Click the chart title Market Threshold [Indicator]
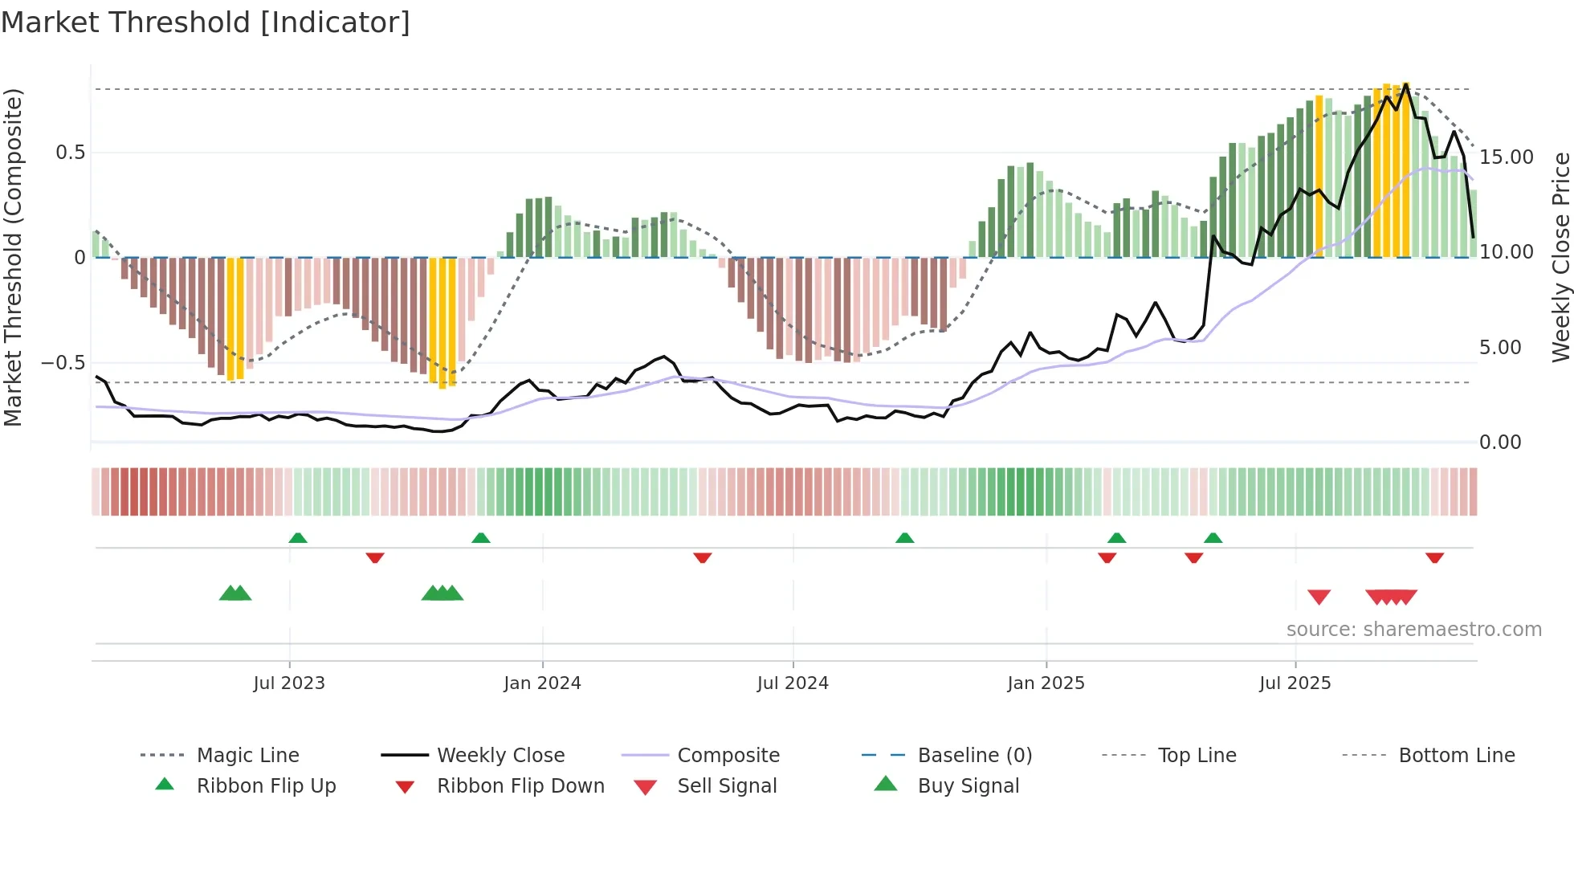(206, 22)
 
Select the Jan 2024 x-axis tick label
(542, 683)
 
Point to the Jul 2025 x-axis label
(1295, 683)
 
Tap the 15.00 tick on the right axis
(1507, 157)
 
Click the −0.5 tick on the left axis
(63, 363)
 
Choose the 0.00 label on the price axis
(1500, 442)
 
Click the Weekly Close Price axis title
(1560, 257)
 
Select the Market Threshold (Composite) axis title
(13, 257)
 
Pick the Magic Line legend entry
(247, 756)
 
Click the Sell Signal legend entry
(727, 786)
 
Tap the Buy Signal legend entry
(968, 786)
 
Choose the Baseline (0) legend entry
(974, 756)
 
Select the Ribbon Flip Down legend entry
(520, 786)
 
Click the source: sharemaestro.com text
(1413, 630)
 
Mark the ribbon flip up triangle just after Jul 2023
(298, 538)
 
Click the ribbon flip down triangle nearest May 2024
(703, 557)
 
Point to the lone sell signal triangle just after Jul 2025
(1319, 597)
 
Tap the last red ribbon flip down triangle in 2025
(1434, 557)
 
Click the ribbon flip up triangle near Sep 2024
(905, 538)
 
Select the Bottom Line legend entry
(1456, 756)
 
